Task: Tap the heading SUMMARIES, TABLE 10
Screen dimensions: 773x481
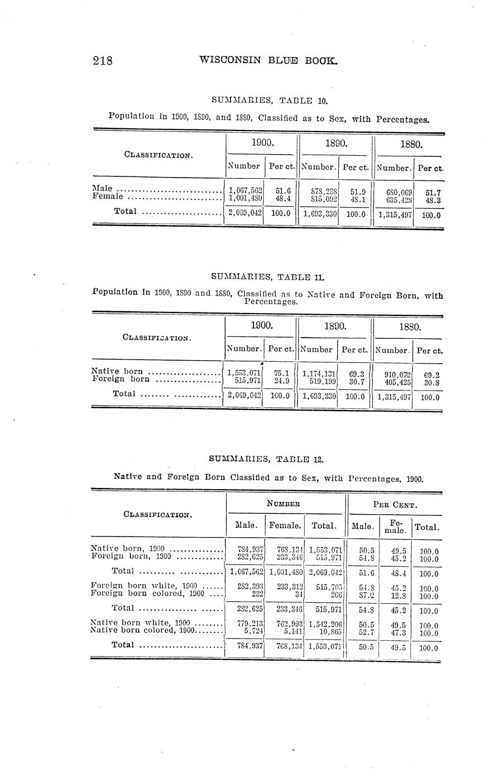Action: click(x=269, y=101)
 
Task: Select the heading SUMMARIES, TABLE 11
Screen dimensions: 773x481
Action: click(x=268, y=276)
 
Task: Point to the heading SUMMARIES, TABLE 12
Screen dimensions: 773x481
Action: click(x=266, y=459)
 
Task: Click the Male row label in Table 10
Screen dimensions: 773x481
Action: click(x=102, y=189)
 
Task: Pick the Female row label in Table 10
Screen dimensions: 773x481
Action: click(x=107, y=197)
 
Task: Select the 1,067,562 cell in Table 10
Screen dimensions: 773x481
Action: click(x=244, y=190)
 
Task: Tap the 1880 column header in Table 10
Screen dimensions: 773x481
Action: click(x=410, y=145)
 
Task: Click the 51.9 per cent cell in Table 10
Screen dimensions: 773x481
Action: click(x=354, y=190)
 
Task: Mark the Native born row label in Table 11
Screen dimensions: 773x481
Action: click(x=116, y=371)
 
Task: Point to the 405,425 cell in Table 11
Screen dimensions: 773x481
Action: click(x=395, y=380)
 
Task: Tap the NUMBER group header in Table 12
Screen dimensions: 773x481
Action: click(x=283, y=503)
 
